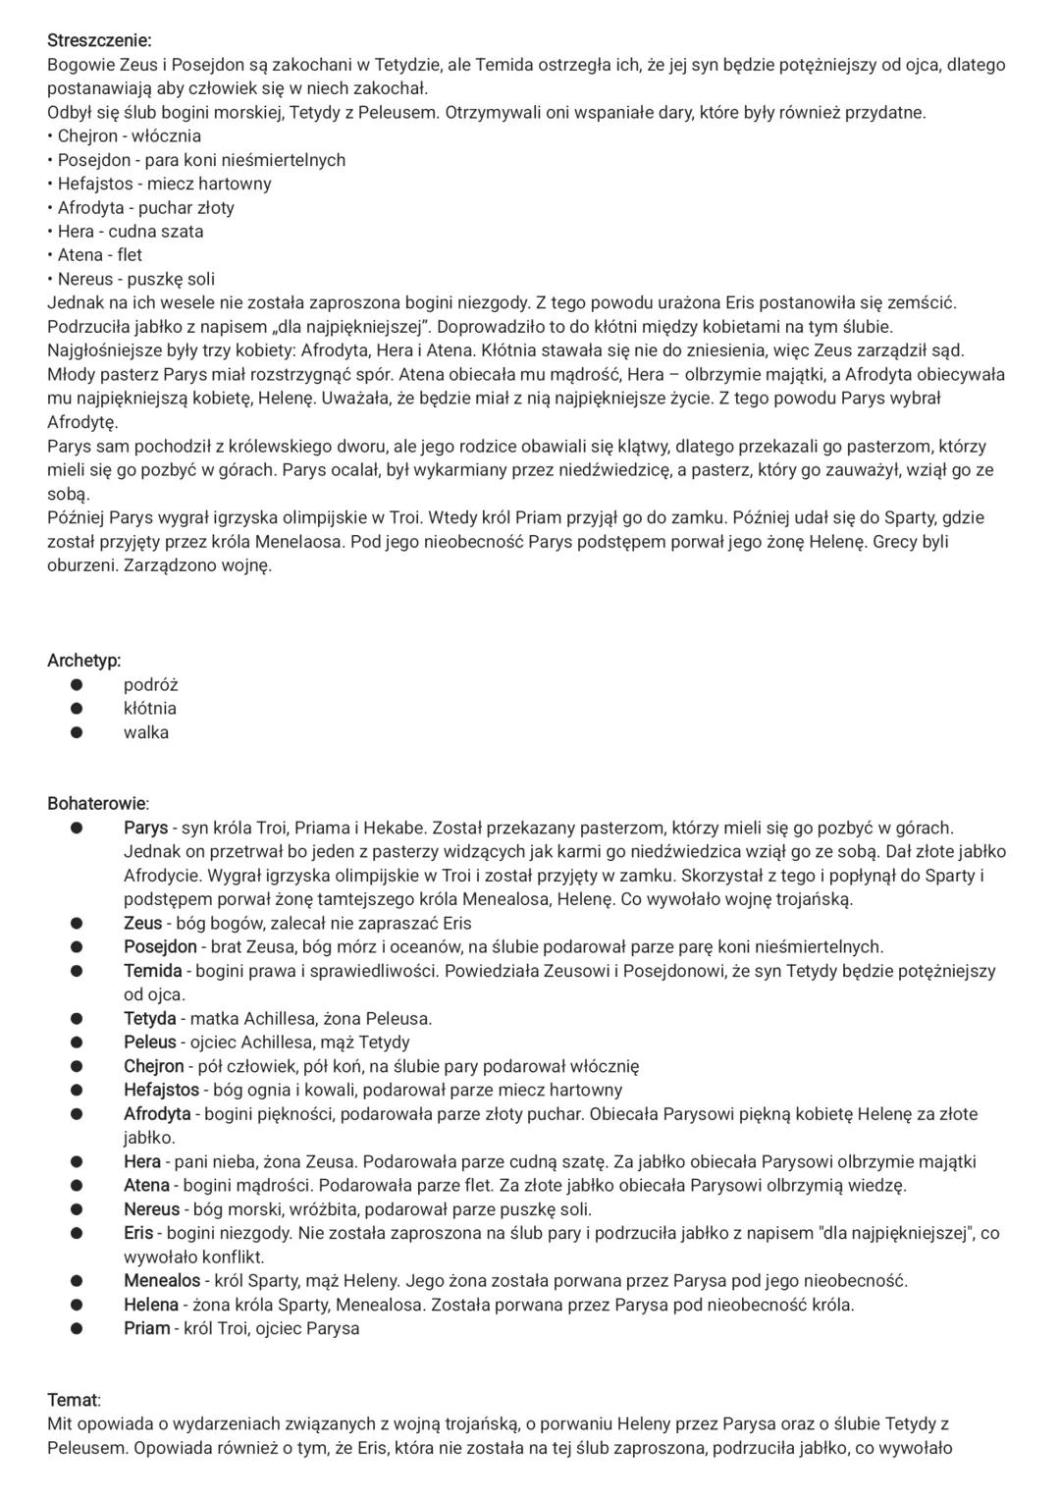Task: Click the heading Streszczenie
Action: [x=99, y=41]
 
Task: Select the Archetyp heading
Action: [x=84, y=661]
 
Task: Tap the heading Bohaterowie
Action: [x=98, y=804]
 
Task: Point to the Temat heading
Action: [x=74, y=1400]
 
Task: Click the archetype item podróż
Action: [x=150, y=685]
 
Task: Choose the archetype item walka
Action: [x=146, y=732]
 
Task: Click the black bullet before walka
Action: [x=77, y=732]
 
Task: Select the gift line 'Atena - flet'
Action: [x=99, y=255]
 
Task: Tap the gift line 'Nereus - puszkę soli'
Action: [x=135, y=279]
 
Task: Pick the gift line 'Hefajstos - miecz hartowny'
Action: [x=164, y=184]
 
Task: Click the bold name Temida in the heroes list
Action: [x=152, y=971]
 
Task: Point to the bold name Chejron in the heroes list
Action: [x=153, y=1066]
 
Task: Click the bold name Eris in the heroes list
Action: [x=138, y=1233]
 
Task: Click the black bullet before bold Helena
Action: [x=77, y=1306]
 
